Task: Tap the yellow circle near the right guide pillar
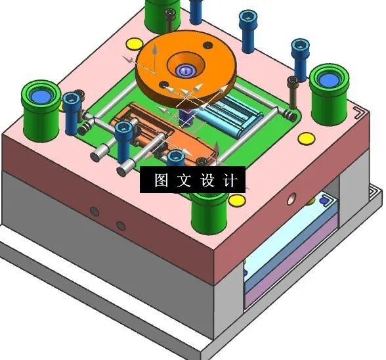[x=305, y=139]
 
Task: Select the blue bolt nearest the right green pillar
[x=299, y=56]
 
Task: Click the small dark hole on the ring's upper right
[x=209, y=45]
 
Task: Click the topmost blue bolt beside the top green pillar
[x=196, y=10]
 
